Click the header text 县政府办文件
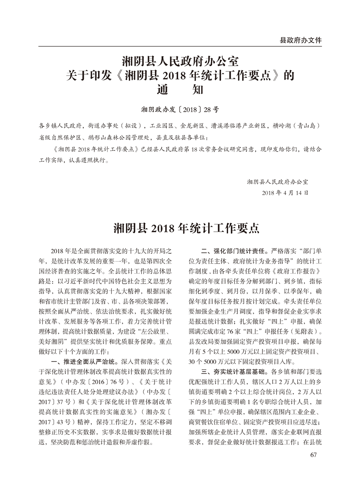click(300, 40)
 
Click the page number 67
click(314, 455)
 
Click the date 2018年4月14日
click(285, 193)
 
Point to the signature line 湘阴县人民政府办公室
click(277, 181)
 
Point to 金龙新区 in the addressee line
click(192, 126)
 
